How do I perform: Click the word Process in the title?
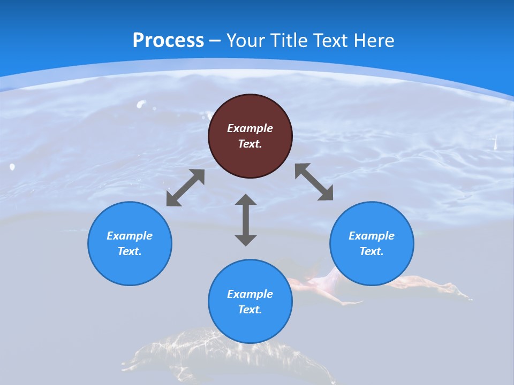tap(168, 41)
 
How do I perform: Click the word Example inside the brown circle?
tap(250, 128)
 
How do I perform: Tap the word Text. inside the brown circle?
tap(250, 144)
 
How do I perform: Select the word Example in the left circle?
tap(130, 236)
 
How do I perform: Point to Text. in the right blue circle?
tap(372, 251)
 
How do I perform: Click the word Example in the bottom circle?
tap(250, 294)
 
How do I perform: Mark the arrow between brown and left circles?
tap(185, 188)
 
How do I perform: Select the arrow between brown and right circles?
tap(314, 182)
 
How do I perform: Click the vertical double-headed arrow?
tap(246, 220)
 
